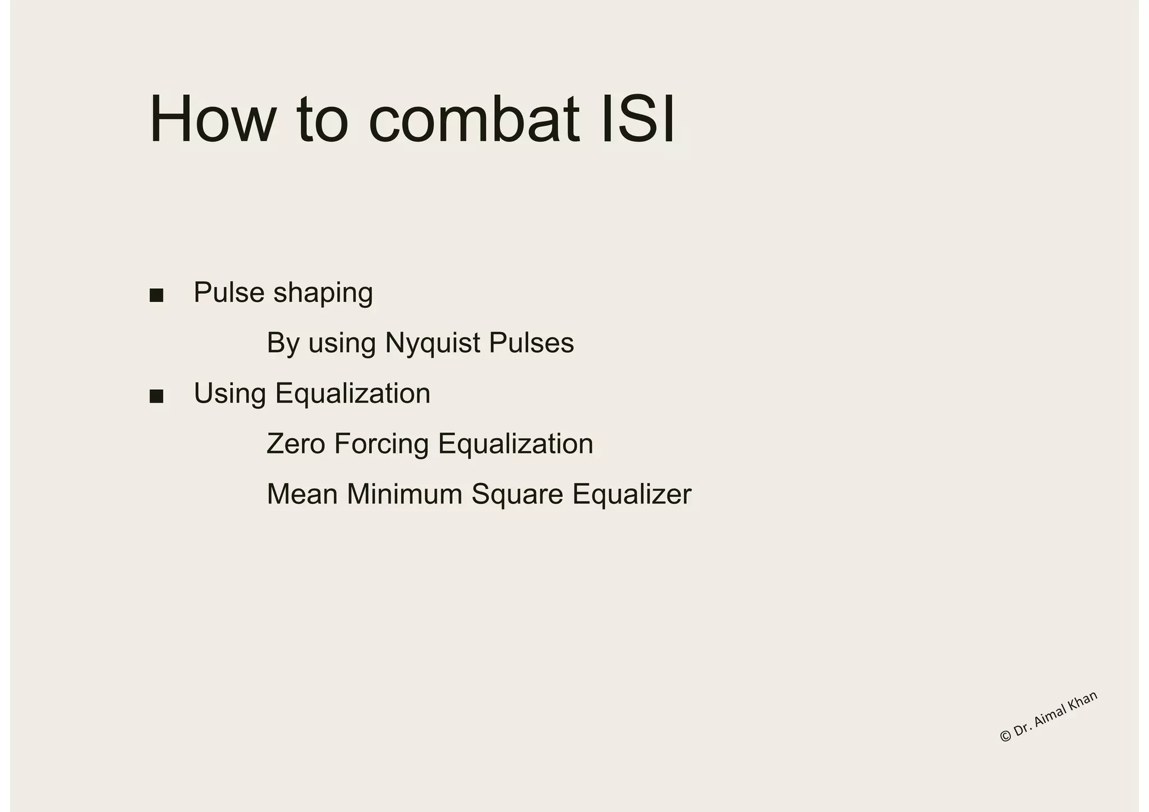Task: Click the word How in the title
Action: [x=213, y=119]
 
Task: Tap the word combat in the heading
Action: [x=474, y=119]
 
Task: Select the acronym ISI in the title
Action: [x=637, y=119]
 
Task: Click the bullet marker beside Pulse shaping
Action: [x=157, y=296]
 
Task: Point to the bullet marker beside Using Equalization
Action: [x=157, y=396]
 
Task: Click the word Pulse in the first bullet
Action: [x=229, y=292]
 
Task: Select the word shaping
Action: [x=323, y=293]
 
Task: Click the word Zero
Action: [x=296, y=444]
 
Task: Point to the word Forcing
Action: [x=382, y=444]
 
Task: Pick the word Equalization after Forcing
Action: [x=515, y=444]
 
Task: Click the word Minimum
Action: [x=405, y=494]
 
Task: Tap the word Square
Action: [x=517, y=495]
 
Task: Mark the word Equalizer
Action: [x=632, y=495]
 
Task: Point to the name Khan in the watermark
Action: [x=1082, y=702]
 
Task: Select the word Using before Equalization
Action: [x=230, y=394]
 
